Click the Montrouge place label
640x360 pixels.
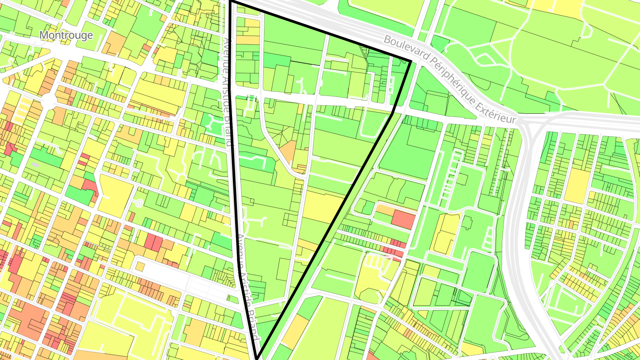coord(66,35)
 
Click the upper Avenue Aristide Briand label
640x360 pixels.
coord(228,91)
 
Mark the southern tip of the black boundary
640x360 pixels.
coord(257,356)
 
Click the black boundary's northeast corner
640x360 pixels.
coord(410,61)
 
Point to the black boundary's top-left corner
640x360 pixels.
coord(231,2)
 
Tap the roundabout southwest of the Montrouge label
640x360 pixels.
coord(47,102)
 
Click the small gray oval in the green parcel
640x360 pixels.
coord(36,164)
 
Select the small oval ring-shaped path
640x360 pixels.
coord(138,203)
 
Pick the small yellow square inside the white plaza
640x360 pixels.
coord(140,266)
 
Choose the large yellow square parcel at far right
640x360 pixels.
coord(577,185)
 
